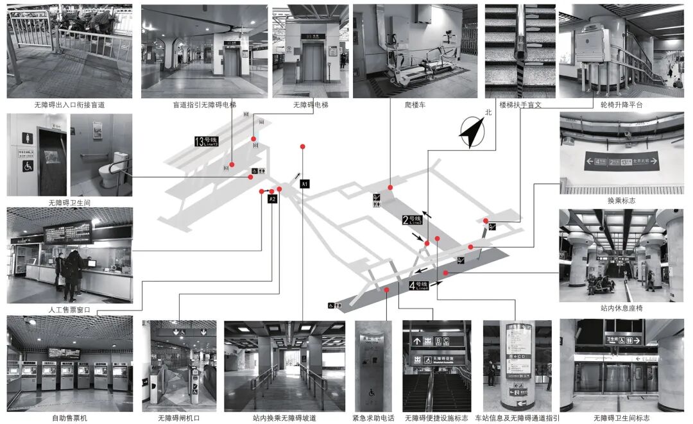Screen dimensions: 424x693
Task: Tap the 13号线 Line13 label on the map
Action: coord(207,141)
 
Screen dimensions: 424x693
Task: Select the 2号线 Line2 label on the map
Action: coord(412,219)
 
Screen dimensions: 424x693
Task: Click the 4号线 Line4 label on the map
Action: coord(418,286)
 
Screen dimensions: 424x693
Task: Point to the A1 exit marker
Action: coord(305,184)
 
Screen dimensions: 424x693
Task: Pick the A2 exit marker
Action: coord(273,199)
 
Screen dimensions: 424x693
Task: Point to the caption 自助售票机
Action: coord(69,418)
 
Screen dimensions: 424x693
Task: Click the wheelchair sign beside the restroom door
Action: coord(28,165)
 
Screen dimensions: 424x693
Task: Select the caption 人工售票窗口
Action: coord(69,310)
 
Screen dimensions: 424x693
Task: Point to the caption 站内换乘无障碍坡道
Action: coord(284,418)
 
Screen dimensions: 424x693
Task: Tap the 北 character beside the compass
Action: coord(488,112)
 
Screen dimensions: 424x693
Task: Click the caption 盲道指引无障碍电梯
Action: coord(204,105)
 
